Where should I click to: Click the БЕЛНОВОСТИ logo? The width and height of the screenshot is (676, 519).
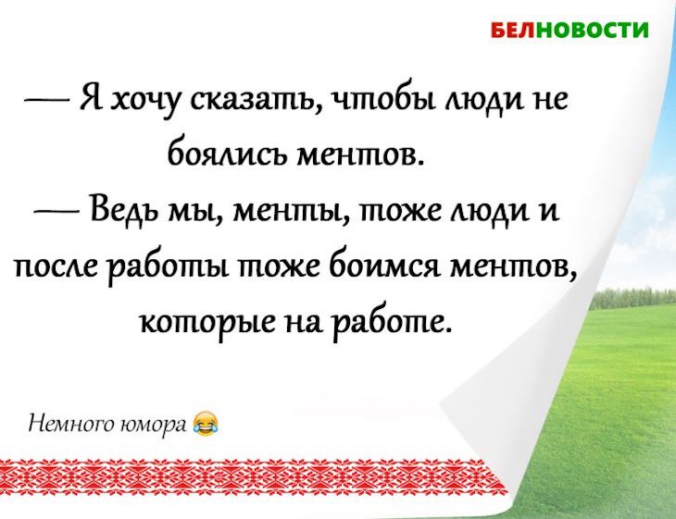point(569,30)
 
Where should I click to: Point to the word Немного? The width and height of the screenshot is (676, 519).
point(66,426)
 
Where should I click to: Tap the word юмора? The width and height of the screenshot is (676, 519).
point(158,426)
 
